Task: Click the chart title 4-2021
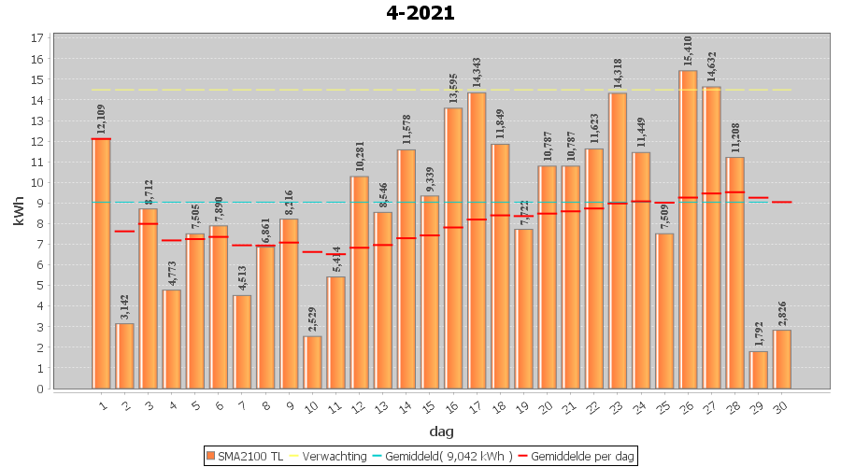[420, 13]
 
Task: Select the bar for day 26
[688, 229]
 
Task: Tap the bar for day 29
[759, 370]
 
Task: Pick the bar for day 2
[125, 356]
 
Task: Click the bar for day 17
[477, 240]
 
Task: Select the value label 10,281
[360, 158]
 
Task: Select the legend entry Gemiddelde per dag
[577, 456]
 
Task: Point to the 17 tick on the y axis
[36, 38]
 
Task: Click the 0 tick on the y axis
[40, 389]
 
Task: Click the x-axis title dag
[441, 432]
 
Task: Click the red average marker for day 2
[125, 231]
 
